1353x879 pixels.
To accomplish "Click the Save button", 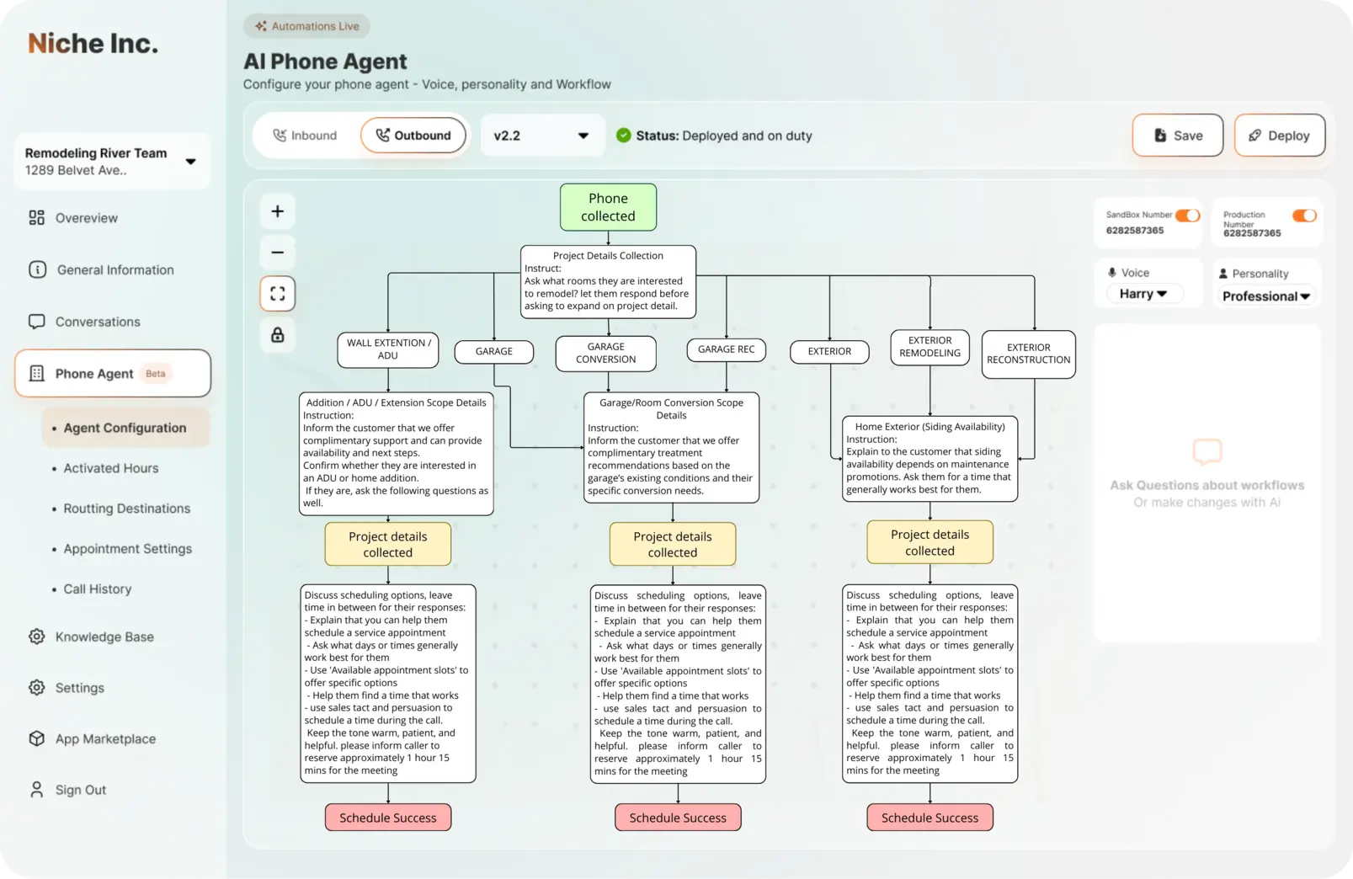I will pyautogui.click(x=1177, y=136).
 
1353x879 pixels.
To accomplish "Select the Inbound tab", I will pyautogui.click(x=305, y=136).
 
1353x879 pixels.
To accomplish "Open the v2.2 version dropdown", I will pyautogui.click(x=541, y=136).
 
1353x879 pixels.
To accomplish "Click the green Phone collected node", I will pyautogui.click(x=608, y=207).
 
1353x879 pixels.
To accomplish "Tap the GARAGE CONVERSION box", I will pyautogui.click(x=605, y=353).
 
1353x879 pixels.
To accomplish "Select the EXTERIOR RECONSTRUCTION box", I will pyautogui.click(x=1028, y=354).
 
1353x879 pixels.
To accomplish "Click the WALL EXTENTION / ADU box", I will pyautogui.click(x=387, y=349).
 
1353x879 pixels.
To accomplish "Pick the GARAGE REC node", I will pyautogui.click(x=726, y=349).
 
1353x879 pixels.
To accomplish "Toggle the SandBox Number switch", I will pyautogui.click(x=1187, y=216).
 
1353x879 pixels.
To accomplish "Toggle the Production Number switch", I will pyautogui.click(x=1304, y=216).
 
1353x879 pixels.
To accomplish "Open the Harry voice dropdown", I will pyautogui.click(x=1143, y=294).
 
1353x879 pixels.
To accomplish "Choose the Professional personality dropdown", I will pyautogui.click(x=1265, y=296).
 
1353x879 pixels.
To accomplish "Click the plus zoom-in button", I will pyautogui.click(x=278, y=211).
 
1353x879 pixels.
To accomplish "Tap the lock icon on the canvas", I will pyautogui.click(x=278, y=335).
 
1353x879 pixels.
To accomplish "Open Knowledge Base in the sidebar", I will pyautogui.click(x=104, y=637).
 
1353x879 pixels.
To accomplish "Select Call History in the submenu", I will pyautogui.click(x=98, y=589).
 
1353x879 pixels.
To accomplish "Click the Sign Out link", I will pyautogui.click(x=80, y=791).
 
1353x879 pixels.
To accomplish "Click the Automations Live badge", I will pyautogui.click(x=307, y=26).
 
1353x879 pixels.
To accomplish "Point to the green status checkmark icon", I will pyautogui.click(x=623, y=136).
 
